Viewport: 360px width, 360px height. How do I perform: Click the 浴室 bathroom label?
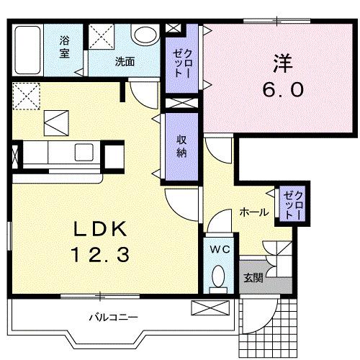click(64, 48)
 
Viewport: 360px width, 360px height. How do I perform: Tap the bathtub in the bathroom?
click(28, 48)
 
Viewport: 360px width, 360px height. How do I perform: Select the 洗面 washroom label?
click(124, 62)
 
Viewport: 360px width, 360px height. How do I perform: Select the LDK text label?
click(102, 230)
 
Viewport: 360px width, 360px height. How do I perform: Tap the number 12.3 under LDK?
click(102, 253)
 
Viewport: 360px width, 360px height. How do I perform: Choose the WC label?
click(219, 249)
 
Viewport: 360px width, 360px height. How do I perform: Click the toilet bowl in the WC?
click(218, 277)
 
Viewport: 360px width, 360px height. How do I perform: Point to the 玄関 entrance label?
click(251, 276)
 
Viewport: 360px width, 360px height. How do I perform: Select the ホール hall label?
click(254, 212)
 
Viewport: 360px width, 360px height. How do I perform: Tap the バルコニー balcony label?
click(114, 316)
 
